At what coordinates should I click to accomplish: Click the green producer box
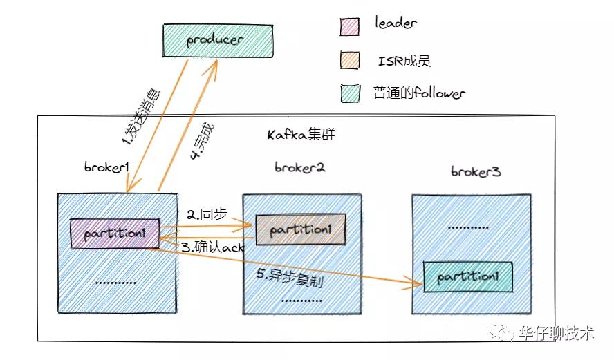point(218,40)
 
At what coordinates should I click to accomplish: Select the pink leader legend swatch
point(349,27)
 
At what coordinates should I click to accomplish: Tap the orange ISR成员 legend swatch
point(349,60)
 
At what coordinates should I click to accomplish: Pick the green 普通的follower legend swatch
point(350,93)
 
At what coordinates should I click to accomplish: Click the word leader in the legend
point(396,22)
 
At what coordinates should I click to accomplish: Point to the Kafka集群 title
point(301,134)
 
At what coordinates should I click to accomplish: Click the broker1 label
point(106,167)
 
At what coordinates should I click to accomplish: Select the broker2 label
point(299,167)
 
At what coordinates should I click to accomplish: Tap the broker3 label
point(476,171)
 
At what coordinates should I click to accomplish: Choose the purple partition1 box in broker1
point(115,234)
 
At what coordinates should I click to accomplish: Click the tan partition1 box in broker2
point(301,229)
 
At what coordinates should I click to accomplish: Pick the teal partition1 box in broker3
point(468,277)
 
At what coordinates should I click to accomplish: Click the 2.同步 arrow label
point(207,214)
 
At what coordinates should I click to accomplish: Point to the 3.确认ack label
point(213,247)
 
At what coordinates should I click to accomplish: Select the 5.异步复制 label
point(290,277)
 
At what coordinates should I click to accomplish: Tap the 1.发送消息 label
point(141,117)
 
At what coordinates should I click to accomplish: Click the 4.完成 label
point(202,141)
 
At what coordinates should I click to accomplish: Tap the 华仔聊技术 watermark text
point(557,333)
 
